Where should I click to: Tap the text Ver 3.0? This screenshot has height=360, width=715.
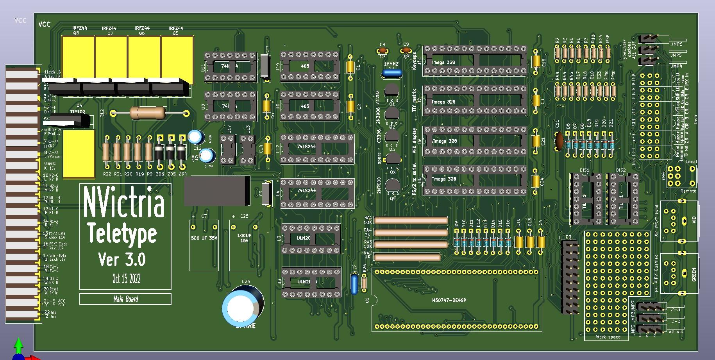point(122,259)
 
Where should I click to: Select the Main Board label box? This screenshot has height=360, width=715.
point(125,299)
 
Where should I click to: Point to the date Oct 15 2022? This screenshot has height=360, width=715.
point(126,278)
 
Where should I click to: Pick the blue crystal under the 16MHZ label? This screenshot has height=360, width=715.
point(391,73)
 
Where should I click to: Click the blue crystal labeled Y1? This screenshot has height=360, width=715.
point(354,284)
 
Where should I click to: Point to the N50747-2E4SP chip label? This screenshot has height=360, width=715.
point(449,300)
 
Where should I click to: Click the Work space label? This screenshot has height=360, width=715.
point(608,337)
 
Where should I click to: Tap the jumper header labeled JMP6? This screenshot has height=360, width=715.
point(649,39)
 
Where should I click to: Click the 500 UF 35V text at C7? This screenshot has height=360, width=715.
point(204,237)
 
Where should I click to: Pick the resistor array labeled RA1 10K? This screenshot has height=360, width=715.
point(410,220)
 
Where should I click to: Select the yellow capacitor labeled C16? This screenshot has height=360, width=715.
point(535,62)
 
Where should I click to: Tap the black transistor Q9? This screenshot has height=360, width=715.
point(392,186)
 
